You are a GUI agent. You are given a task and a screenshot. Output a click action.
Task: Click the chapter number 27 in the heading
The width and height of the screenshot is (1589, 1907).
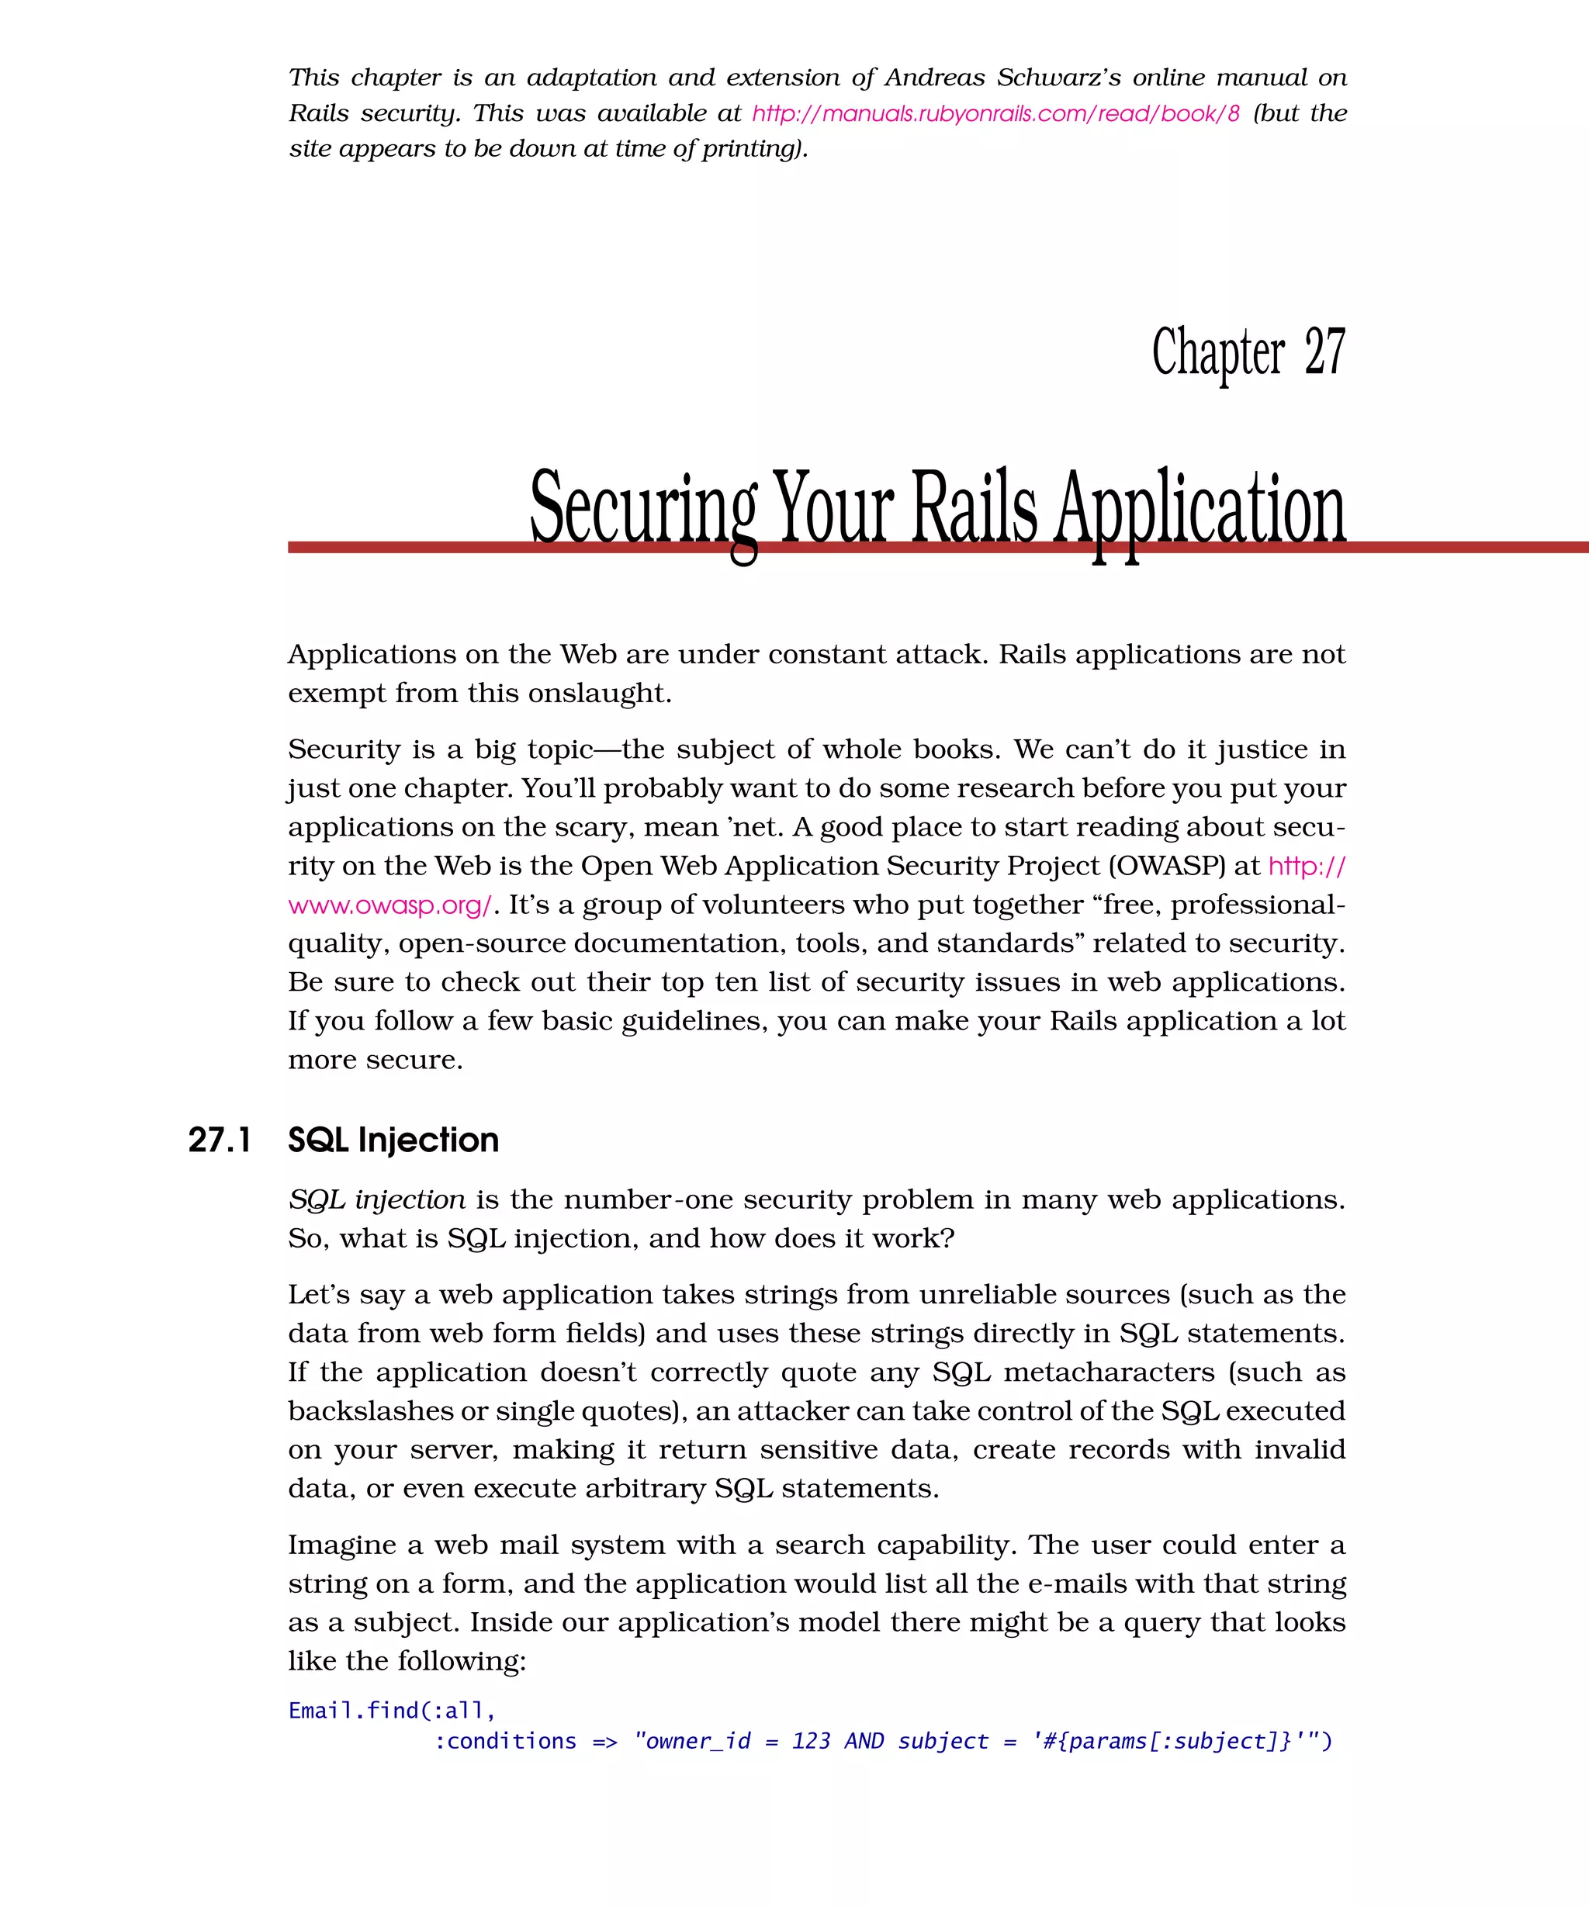click(x=1324, y=352)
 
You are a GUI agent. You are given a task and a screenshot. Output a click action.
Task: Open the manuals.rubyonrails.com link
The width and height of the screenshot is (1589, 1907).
click(x=995, y=113)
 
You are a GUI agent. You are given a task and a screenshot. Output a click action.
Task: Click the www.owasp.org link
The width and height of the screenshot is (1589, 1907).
click(x=389, y=905)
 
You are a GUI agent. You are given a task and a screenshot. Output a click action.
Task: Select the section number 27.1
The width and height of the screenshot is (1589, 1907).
click(x=220, y=1140)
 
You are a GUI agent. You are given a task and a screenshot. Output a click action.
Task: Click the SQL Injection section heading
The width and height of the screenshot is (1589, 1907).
click(x=393, y=1140)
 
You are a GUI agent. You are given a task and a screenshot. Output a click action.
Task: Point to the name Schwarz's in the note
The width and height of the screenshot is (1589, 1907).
click(x=1057, y=78)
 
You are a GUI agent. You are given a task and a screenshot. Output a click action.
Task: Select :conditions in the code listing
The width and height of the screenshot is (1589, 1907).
click(x=505, y=1742)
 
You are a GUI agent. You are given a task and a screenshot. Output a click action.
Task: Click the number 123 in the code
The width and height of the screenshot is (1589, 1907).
click(x=810, y=1742)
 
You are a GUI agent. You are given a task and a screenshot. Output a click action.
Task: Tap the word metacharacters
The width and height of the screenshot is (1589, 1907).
click(x=1109, y=1372)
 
